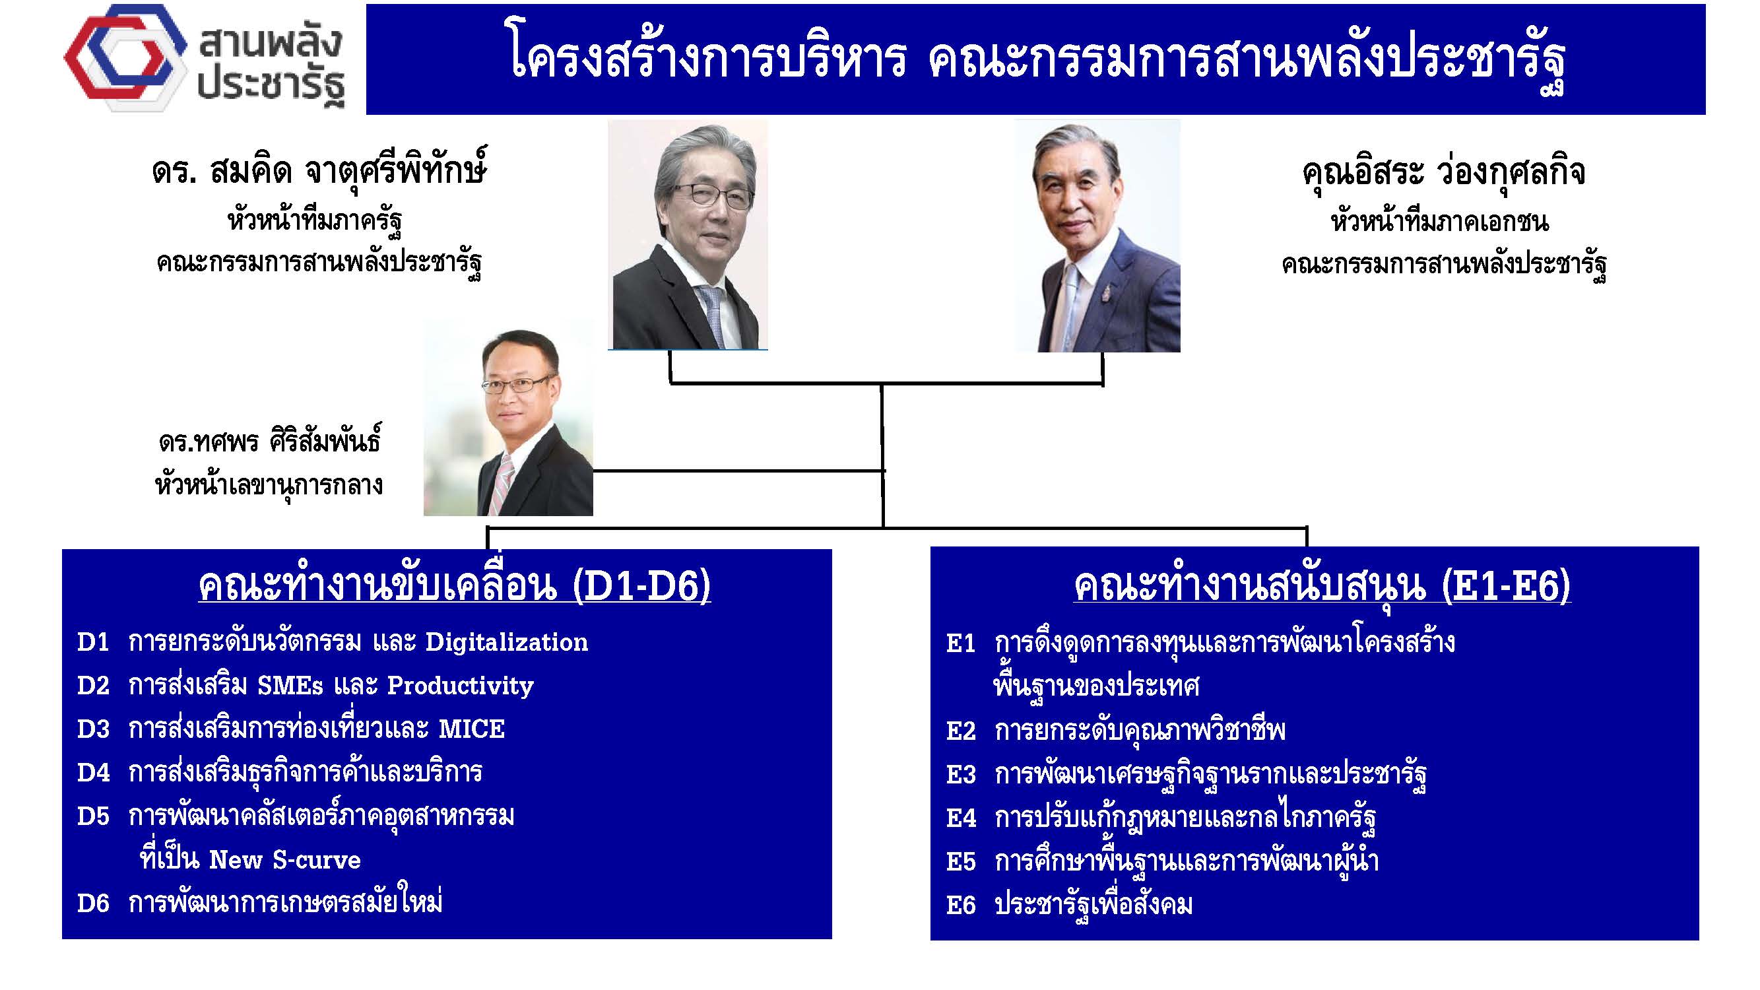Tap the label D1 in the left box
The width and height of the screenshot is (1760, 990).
coord(94,642)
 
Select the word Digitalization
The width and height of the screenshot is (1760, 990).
coord(506,642)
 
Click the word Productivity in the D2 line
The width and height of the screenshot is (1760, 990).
coord(461,686)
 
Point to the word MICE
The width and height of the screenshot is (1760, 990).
coord(471,729)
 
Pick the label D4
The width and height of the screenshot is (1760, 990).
coord(94,773)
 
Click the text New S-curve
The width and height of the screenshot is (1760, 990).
coord(285,860)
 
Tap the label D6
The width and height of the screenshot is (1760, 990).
coord(94,904)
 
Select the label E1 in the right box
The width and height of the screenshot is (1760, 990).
coord(961,643)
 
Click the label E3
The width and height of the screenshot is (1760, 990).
coord(961,775)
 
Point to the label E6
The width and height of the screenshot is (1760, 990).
coord(961,906)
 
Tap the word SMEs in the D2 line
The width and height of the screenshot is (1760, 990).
coord(290,686)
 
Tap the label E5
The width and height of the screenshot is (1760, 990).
coord(961,862)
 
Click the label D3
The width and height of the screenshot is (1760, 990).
coord(94,729)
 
